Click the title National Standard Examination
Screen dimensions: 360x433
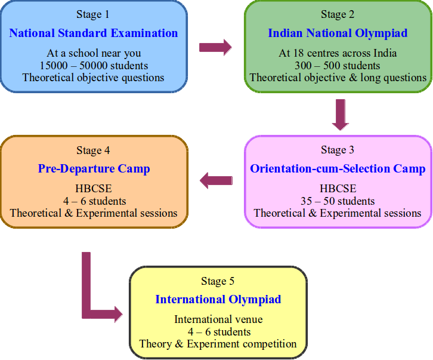pos(93,33)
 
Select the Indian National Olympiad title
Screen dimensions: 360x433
pos(338,33)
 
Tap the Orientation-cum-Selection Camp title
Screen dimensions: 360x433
pos(338,169)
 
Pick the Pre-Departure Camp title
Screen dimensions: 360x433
pos(94,169)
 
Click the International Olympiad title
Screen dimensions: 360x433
pos(218,299)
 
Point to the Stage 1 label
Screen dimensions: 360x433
pos(93,14)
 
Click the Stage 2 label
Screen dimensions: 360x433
pos(338,14)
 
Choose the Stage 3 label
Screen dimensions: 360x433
pos(338,149)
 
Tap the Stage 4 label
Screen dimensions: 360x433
pos(93,150)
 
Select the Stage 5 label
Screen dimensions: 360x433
pos(218,281)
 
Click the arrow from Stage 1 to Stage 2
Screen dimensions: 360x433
pos(215,47)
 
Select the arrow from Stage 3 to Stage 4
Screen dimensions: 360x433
pos(216,180)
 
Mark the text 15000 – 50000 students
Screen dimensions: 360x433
pos(93,66)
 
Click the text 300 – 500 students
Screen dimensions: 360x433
pos(338,66)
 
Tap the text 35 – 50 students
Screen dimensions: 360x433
pos(338,201)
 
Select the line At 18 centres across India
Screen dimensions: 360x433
pos(338,54)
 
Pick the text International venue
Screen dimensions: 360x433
pos(218,319)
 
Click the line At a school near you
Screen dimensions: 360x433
pos(93,54)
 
